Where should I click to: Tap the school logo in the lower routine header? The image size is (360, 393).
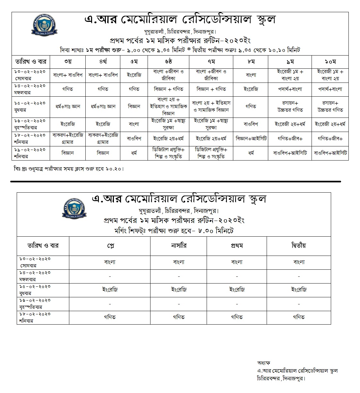(74, 209)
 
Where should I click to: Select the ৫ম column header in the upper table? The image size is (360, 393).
(134, 61)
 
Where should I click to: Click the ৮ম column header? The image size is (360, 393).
(251, 61)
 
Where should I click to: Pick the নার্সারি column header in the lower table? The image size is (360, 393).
(178, 246)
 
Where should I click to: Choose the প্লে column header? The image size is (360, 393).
(110, 246)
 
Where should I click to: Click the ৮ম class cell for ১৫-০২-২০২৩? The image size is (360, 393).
(251, 106)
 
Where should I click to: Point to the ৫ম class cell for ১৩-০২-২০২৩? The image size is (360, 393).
(134, 75)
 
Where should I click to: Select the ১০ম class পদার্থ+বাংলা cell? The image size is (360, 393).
(330, 89)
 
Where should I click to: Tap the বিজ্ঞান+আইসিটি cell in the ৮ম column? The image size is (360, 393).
(251, 139)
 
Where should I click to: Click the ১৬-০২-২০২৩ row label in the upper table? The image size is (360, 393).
(31, 124)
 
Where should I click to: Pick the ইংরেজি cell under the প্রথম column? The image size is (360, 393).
(237, 290)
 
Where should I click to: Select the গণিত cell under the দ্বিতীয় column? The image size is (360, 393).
(299, 317)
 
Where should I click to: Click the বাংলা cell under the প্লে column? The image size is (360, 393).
(110, 262)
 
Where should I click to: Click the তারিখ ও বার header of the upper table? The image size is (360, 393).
(31, 61)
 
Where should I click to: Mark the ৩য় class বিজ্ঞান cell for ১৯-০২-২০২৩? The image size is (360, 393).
(68, 153)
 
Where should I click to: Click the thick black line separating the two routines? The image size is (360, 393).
(176, 182)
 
